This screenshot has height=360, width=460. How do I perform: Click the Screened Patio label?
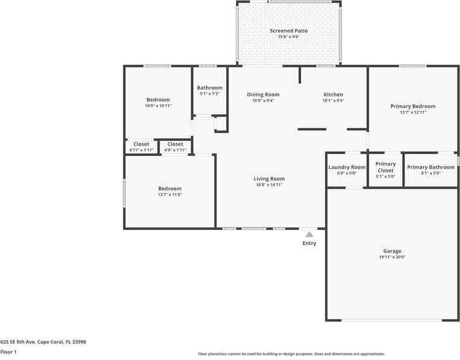pyautogui.click(x=288, y=31)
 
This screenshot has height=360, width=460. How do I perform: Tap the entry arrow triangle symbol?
pyautogui.click(x=309, y=234)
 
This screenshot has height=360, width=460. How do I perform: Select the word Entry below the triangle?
pyautogui.click(x=309, y=243)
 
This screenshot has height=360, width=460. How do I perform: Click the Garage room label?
pyautogui.click(x=392, y=251)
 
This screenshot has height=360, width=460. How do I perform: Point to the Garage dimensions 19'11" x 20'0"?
pyautogui.click(x=392, y=258)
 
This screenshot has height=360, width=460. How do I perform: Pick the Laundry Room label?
pyautogui.click(x=347, y=167)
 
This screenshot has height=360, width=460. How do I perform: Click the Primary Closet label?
pyautogui.click(x=385, y=167)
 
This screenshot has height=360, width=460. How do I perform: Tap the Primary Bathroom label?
pyautogui.click(x=430, y=167)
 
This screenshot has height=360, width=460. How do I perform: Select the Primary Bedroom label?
pyautogui.click(x=412, y=106)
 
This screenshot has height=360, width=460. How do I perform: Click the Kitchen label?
pyautogui.click(x=333, y=95)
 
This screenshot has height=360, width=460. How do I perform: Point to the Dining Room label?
pyautogui.click(x=263, y=95)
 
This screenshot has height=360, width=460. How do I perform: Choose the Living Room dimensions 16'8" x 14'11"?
pyautogui.click(x=269, y=185)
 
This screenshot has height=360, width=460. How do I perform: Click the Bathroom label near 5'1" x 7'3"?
pyautogui.click(x=210, y=88)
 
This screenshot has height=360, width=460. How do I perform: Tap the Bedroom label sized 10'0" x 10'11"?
pyautogui.click(x=158, y=100)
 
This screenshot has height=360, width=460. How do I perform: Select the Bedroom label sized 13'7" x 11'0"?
pyautogui.click(x=169, y=188)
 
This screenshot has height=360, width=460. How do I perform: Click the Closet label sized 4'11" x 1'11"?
pyautogui.click(x=141, y=144)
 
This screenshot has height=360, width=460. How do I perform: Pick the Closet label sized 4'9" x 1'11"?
pyautogui.click(x=175, y=144)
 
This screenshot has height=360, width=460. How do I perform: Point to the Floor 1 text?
pyautogui.click(x=8, y=352)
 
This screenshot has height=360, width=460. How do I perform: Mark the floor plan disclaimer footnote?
pyautogui.click(x=291, y=354)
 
